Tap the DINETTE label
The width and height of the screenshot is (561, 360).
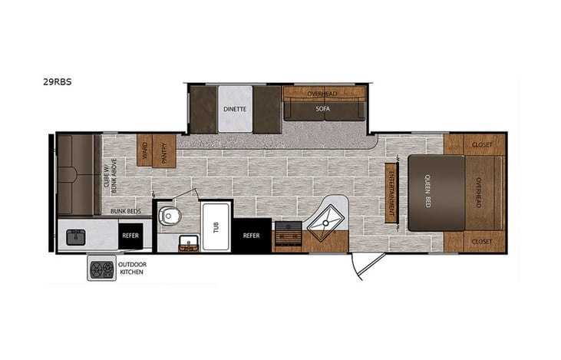235,109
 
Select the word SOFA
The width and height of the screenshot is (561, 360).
323,109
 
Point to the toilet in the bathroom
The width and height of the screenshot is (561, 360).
170,216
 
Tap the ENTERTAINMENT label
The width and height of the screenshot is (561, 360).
391,193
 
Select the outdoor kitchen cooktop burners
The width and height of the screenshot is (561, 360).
102,269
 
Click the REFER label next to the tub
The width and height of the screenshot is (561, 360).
252,236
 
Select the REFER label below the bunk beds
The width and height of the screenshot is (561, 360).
130,236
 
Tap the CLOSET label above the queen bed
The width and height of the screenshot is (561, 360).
483,144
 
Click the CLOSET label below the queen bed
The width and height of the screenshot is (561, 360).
483,242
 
